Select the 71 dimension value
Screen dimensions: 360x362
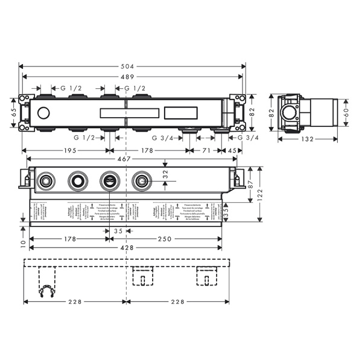point(206,150)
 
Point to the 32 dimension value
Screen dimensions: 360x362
point(166,173)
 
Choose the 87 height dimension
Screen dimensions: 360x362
point(251,182)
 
